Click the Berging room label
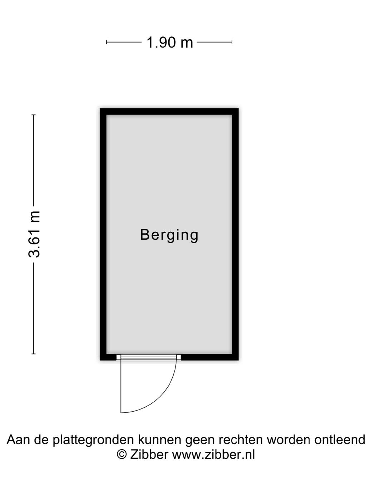(x=169, y=235)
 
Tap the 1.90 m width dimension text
(x=169, y=43)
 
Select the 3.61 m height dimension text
(x=35, y=234)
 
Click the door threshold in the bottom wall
(x=148, y=357)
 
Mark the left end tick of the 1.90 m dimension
(x=107, y=42)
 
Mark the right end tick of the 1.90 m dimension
(x=232, y=42)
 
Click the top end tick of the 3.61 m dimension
(x=34, y=115)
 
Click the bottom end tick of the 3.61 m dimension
(x=34, y=354)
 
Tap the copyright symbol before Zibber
(x=122, y=455)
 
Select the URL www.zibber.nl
(x=213, y=455)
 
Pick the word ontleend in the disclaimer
(x=340, y=440)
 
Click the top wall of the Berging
(x=169, y=112)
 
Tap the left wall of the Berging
(x=103, y=234)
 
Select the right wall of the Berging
(x=235, y=234)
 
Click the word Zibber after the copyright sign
(x=149, y=455)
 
